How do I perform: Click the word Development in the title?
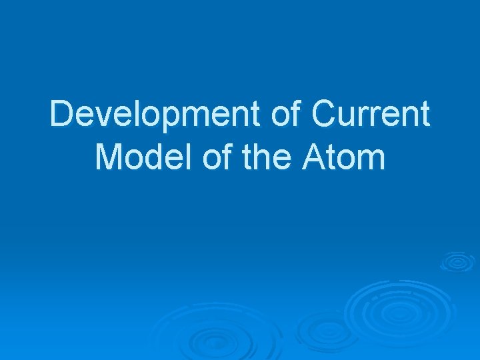[156, 115]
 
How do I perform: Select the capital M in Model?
[109, 157]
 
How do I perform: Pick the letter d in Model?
[159, 157]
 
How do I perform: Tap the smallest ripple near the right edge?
[457, 261]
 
